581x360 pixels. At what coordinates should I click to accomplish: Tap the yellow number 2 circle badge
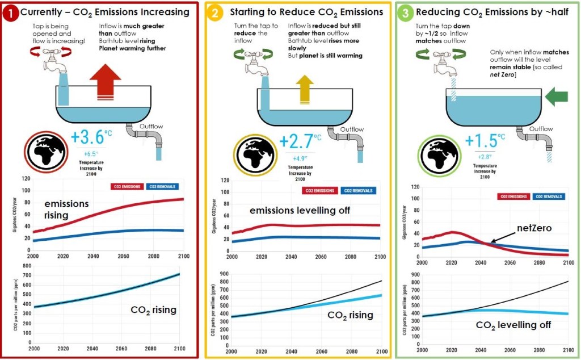coord(215,12)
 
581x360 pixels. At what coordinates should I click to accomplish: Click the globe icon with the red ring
coord(44,152)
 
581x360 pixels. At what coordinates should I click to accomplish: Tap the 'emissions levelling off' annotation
coord(300,211)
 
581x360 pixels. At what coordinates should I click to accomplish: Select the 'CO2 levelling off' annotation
coord(513,325)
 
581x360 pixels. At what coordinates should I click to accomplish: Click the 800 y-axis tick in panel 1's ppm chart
coord(26,266)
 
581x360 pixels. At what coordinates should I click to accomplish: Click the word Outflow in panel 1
coord(151,126)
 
